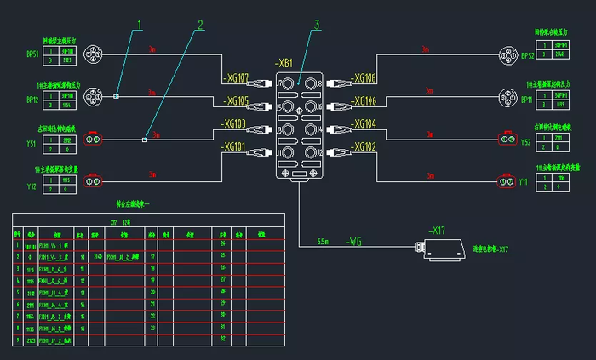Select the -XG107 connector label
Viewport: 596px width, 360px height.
[234, 79]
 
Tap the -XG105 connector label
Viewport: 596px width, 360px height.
[234, 101]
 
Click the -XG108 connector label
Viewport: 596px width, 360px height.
[364, 79]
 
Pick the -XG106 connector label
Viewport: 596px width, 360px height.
[364, 101]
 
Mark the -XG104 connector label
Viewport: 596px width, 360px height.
[364, 124]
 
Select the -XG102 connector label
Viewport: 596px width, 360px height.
[364, 146]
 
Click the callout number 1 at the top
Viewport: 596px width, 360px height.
[140, 25]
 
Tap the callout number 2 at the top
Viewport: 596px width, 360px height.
[200, 25]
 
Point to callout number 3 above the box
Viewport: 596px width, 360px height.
[316, 25]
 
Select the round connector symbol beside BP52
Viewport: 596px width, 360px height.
[507, 56]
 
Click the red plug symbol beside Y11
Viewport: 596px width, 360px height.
[507, 181]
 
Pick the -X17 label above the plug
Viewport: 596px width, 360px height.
[437, 231]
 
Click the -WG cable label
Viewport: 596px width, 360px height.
[355, 243]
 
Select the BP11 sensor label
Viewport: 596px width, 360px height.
[527, 99]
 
